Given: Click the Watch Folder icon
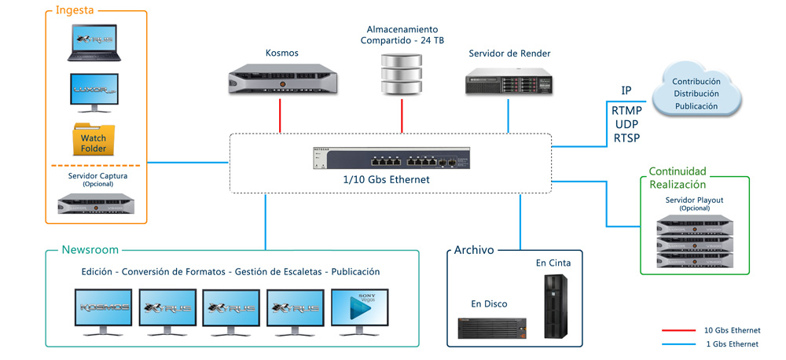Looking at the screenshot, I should pos(94,139).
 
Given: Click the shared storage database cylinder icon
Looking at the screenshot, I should pos(401,73).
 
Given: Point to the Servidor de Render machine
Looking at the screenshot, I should pos(509,82).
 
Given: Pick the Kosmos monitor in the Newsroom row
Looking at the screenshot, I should pos(105,310).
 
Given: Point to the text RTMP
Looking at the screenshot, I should pos(626,111).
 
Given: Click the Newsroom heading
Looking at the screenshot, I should pos(90,250).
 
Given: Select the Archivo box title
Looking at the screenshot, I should pos(474,250).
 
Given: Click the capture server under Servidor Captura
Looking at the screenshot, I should pos(94,204).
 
